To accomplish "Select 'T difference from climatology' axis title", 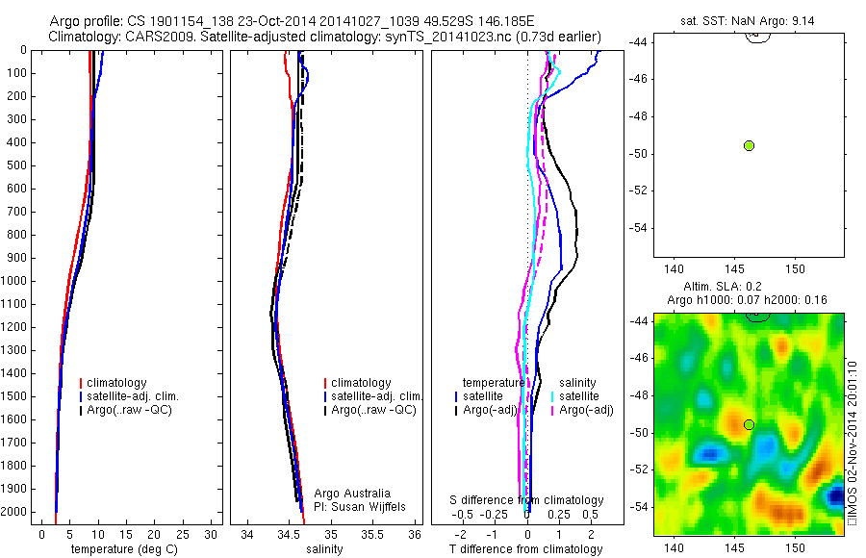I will [x=525, y=549].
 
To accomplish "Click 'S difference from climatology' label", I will [x=527, y=500].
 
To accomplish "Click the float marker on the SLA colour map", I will [x=749, y=424].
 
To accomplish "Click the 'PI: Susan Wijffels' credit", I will [x=361, y=506].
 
